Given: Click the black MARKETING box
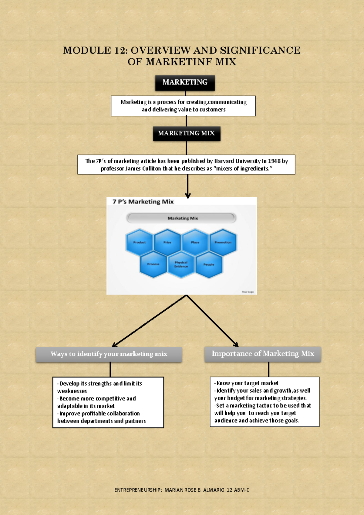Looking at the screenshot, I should pos(185,83).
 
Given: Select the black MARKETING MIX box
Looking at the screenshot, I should pos(186,134).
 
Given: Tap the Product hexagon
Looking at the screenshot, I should pos(139,242).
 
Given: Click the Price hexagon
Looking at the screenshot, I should pos(167,242).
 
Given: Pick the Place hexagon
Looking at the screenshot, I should pos(195,242).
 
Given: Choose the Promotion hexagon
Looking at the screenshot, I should pos(223,242).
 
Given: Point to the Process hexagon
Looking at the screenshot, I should pos(153,264).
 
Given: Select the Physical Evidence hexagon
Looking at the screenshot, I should pos(181,264).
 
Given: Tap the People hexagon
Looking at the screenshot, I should pos(209,264).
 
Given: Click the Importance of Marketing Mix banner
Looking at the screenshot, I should pos(263,354).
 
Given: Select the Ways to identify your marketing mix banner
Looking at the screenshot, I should pos(109,354).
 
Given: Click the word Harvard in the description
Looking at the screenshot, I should pos(224,161).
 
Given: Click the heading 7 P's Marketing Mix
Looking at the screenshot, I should pos(143,202).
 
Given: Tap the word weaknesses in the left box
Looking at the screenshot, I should pos(72,391).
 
